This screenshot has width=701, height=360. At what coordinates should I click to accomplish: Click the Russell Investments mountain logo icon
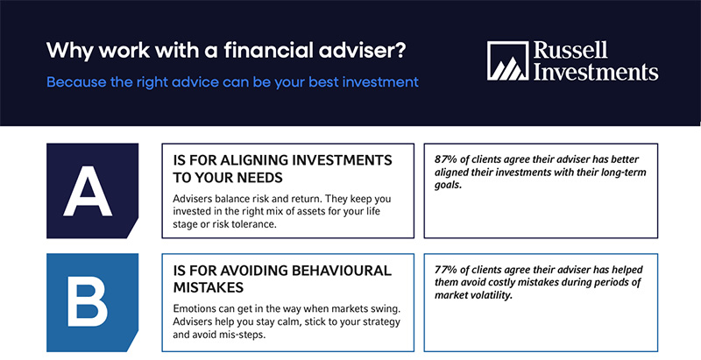click(x=507, y=60)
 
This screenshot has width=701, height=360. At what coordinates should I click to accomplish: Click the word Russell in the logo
click(x=570, y=51)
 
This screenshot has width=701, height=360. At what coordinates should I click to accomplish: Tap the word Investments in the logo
click(x=596, y=72)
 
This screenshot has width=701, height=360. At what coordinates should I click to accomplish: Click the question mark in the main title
click(x=400, y=51)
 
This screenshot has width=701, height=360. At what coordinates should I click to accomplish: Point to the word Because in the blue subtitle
click(x=76, y=82)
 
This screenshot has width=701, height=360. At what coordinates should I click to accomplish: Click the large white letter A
click(x=88, y=191)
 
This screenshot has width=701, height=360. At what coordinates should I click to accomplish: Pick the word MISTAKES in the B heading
click(x=209, y=287)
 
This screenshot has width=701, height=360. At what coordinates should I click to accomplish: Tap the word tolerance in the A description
click(x=252, y=224)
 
